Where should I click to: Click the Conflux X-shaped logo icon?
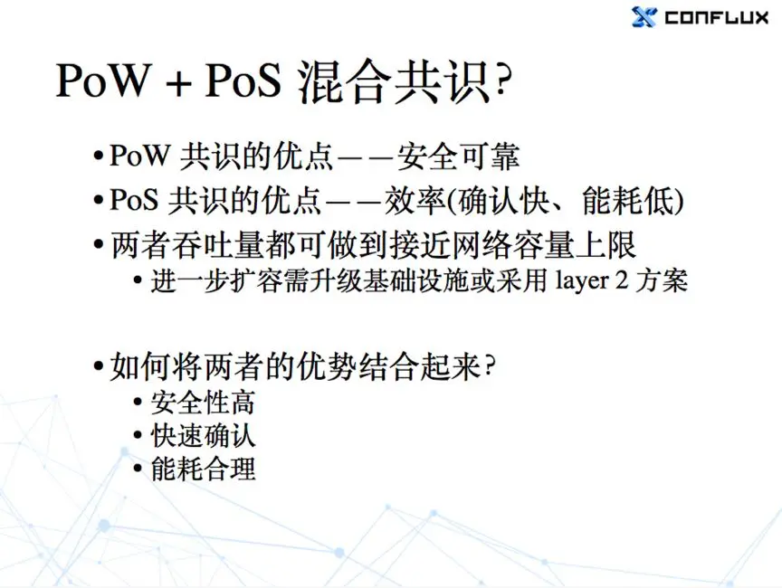(x=644, y=17)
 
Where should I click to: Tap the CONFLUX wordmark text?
(x=716, y=18)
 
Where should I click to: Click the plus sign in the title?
(x=178, y=82)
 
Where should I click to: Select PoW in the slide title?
(x=103, y=80)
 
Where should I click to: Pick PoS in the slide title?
(x=243, y=80)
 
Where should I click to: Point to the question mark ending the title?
(x=501, y=80)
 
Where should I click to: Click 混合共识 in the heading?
(x=393, y=81)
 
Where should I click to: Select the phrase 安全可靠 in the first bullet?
(x=458, y=156)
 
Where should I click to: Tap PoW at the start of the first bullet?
(x=139, y=156)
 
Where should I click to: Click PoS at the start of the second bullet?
(x=133, y=200)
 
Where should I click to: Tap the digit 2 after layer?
(x=621, y=280)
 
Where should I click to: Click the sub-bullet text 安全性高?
(x=203, y=403)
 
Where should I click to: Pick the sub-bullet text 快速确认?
(x=203, y=436)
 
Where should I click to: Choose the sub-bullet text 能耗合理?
(x=203, y=469)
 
